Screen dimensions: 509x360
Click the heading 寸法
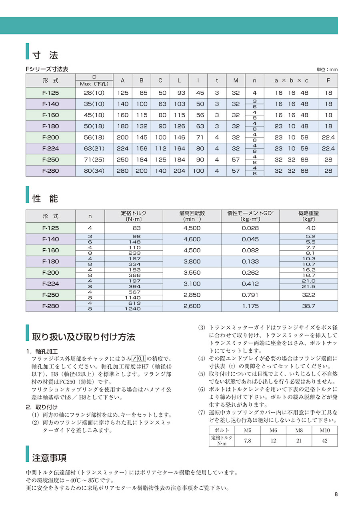[x=45, y=54]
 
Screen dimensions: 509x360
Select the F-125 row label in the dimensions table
[x=50, y=93]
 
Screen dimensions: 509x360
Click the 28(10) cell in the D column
[x=94, y=93]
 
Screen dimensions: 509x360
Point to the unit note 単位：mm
[x=327, y=70]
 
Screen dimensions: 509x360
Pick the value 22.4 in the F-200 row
[x=328, y=138]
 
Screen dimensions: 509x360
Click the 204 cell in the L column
[x=179, y=171]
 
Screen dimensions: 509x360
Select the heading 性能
[x=45, y=198]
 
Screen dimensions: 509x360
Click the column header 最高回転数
[x=192, y=213]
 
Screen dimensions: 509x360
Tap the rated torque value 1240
[x=134, y=309]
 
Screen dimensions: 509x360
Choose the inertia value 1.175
[x=250, y=306]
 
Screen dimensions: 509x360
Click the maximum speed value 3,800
[x=192, y=261]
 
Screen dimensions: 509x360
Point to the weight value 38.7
[x=309, y=306]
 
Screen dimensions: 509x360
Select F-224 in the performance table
[x=50, y=284]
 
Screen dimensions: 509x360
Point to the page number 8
[x=336, y=494]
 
